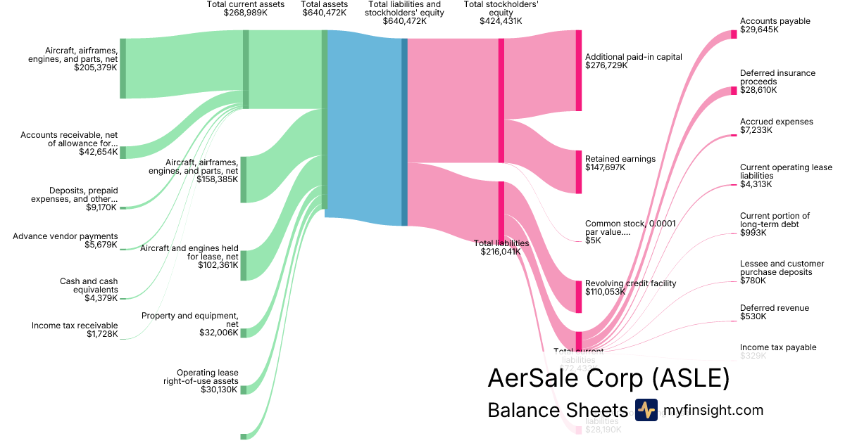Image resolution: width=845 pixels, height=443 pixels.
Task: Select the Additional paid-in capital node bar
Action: [x=579, y=70]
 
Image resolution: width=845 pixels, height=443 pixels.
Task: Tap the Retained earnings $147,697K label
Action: [x=620, y=163]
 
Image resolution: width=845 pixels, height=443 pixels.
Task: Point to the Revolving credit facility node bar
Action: [x=579, y=296]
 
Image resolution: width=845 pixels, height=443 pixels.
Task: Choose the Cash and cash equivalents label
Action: [x=89, y=285]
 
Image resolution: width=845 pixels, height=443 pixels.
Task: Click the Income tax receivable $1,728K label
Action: [x=75, y=330]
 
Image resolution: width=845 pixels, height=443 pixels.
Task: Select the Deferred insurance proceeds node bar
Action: [x=734, y=91]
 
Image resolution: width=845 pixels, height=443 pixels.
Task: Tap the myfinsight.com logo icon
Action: [x=646, y=410]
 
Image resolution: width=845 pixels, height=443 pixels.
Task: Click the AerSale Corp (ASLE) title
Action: [x=608, y=379]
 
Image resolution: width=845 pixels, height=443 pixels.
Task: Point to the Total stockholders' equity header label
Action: [x=501, y=13]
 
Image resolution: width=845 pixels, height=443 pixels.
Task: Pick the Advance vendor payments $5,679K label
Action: [x=65, y=240]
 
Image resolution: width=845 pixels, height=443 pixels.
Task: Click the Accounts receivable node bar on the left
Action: [x=123, y=153]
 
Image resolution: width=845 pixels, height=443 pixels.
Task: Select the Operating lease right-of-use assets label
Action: [x=208, y=380]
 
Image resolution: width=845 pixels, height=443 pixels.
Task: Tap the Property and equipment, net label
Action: [x=190, y=323]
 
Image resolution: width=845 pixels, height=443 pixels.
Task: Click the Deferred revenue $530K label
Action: [x=774, y=312]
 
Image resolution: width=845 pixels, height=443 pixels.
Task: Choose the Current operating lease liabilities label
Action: [x=785, y=176]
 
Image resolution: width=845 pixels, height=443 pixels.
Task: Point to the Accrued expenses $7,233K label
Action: [x=776, y=126]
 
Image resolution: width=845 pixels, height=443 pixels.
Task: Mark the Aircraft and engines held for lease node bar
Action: [x=244, y=265]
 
